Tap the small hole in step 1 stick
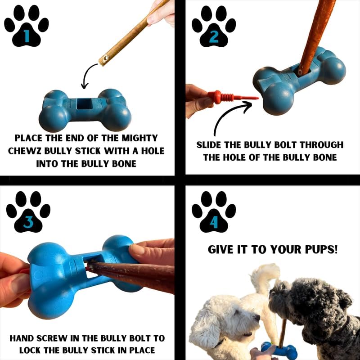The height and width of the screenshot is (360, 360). pyautogui.click(x=104, y=58)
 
